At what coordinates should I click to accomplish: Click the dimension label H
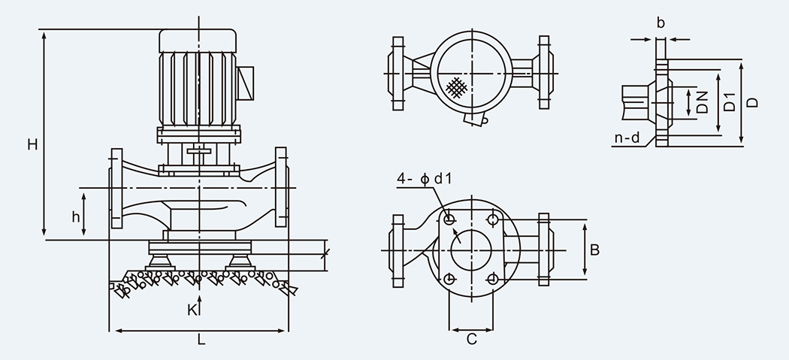click(32, 144)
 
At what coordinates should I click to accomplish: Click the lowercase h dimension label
click(76, 217)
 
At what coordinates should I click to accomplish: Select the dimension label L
click(201, 340)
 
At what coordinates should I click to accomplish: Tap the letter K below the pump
click(192, 310)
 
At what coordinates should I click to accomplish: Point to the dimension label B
click(594, 250)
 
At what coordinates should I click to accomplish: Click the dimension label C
click(471, 340)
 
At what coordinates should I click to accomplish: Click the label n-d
click(627, 138)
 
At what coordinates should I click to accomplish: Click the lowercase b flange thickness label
click(661, 23)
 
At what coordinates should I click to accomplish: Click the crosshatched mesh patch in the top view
click(457, 86)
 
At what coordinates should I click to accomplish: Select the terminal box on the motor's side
click(246, 83)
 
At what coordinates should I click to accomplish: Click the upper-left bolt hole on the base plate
click(449, 219)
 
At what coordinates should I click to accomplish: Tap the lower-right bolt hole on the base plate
click(492, 279)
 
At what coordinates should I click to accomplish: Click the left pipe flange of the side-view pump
click(116, 188)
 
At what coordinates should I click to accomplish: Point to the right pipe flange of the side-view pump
click(282, 188)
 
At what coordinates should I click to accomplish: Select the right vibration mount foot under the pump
click(240, 262)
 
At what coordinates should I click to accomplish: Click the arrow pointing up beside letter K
click(199, 302)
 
